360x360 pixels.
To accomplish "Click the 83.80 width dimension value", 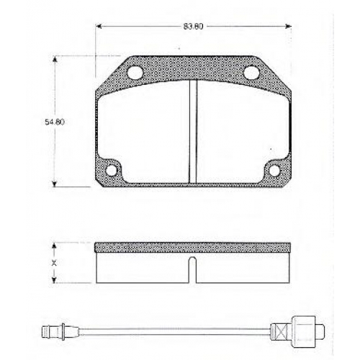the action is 194,27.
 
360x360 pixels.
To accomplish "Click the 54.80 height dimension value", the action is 55,122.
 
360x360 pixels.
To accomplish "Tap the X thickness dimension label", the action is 54,263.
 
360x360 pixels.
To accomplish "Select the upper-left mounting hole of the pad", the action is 135,72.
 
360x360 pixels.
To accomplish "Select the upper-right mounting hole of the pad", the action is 252,72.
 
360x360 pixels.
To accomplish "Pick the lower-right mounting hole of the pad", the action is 274,170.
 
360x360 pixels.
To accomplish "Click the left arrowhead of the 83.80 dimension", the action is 99,27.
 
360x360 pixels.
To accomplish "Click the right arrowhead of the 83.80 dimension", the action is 288,27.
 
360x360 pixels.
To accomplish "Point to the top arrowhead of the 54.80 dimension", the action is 55,59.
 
